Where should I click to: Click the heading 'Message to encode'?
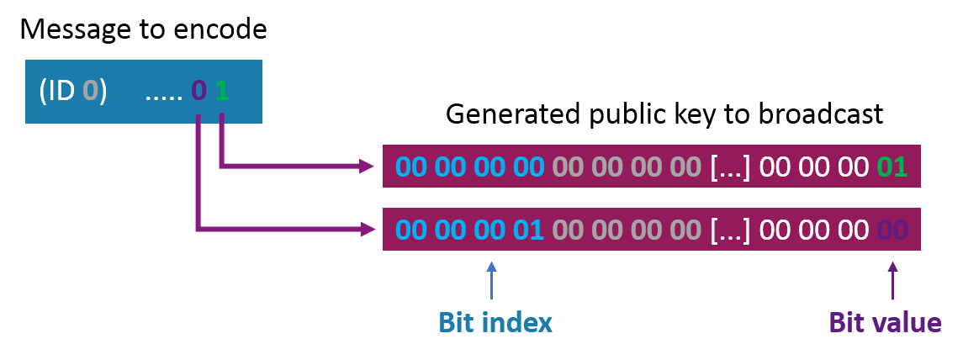[143, 29]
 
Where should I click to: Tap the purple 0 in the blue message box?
[198, 92]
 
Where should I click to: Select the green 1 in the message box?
[222, 92]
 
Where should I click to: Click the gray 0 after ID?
[90, 92]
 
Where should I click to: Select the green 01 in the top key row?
[892, 167]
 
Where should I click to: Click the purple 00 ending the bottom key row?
[892, 230]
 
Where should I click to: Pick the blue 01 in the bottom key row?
[528, 230]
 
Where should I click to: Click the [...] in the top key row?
[730, 167]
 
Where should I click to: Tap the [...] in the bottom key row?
[730, 230]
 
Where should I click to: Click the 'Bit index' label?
[495, 322]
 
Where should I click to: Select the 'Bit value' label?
[885, 322]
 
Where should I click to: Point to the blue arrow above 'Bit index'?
[490, 282]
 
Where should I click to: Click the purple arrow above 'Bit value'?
[892, 282]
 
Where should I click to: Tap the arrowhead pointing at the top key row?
[368, 166]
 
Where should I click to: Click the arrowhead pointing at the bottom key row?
[368, 230]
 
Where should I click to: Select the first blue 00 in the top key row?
[411, 167]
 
